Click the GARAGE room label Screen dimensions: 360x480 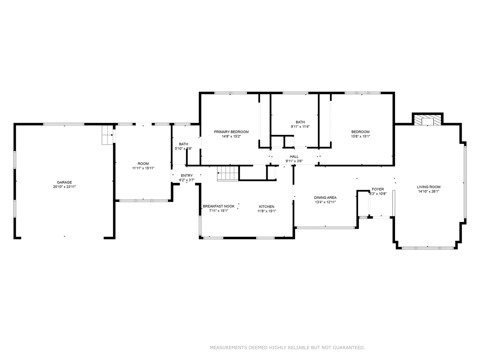pos(64,182)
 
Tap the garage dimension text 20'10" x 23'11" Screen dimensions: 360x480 pos(64,187)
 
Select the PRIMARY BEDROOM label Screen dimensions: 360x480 pos(231,132)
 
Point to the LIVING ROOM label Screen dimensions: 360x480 pos(429,187)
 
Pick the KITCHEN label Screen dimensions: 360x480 pos(267,207)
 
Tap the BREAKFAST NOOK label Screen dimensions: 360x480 pos(219,206)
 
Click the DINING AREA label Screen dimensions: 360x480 pos(325,198)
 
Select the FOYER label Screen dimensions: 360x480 pos(378,189)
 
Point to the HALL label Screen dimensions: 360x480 pos(294,157)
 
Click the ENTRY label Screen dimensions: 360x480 pos(187,176)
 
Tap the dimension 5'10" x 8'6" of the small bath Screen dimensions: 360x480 pos(183,149)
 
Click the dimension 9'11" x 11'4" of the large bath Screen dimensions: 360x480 pos(300,127)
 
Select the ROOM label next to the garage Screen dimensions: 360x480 pos(143,164)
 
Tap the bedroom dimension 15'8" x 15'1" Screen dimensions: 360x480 pos(360,136)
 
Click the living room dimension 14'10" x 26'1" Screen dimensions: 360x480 pos(429,192)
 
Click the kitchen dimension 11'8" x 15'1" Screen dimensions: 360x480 pos(267,211)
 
